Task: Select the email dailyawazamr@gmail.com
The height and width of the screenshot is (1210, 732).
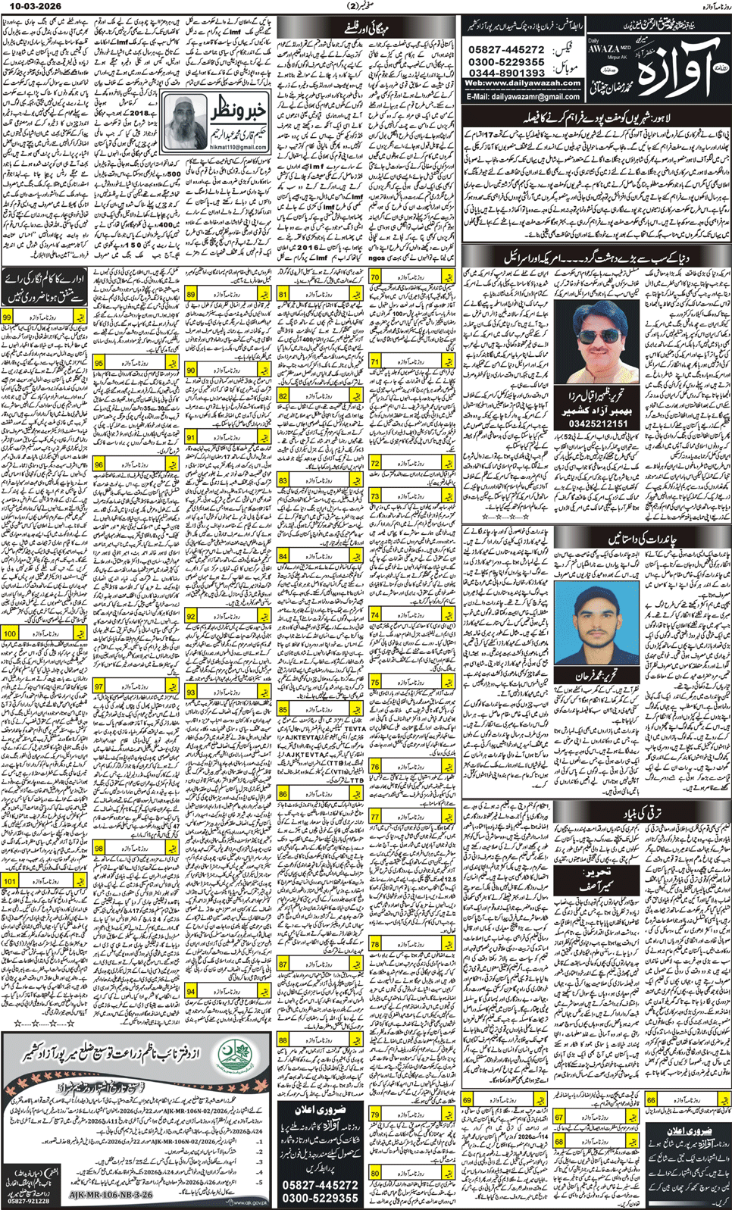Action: (x=524, y=97)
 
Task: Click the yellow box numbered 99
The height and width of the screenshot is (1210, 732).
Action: (x=8, y=317)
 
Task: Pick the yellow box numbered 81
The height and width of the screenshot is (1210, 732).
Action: (x=283, y=294)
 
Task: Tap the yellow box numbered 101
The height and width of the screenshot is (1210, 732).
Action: (x=10, y=881)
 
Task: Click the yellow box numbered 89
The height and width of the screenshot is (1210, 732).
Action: (x=191, y=293)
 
